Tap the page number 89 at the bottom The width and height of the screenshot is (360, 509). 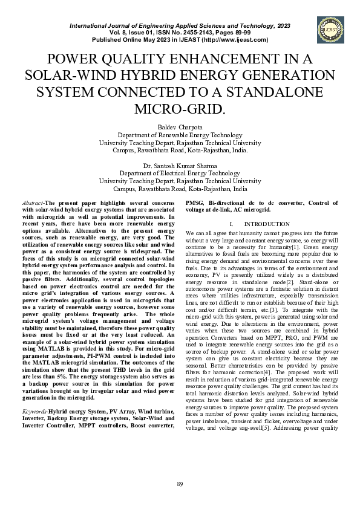point(180,484)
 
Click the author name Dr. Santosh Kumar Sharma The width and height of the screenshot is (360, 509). point(180,165)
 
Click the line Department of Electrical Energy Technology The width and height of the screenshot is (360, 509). point(180,173)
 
